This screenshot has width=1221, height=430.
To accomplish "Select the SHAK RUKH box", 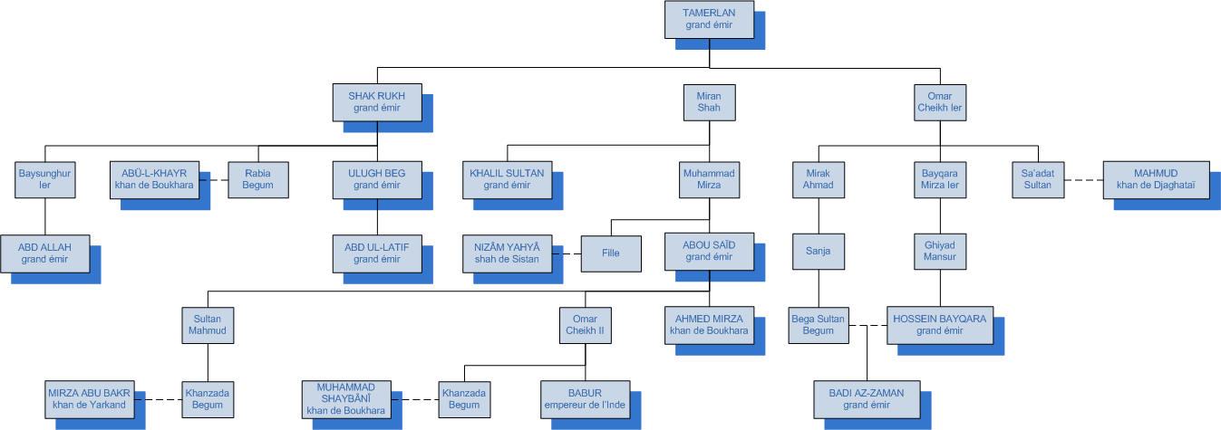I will [377, 102].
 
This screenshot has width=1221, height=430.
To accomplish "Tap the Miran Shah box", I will [709, 102].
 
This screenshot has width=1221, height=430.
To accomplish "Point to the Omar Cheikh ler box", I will [939, 102].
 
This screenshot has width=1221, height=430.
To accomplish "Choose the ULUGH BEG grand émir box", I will [377, 179].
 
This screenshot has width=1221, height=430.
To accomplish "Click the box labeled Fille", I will [611, 253].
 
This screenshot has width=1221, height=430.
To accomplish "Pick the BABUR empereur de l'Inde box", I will [585, 398].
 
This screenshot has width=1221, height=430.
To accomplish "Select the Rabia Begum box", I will [257, 179].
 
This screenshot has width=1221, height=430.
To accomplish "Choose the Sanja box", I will [819, 251].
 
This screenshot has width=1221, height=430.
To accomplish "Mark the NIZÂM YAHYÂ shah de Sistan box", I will [507, 253].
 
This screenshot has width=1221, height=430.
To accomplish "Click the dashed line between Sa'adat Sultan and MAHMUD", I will [1083, 179].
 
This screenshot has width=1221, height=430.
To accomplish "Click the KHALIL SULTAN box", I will [507, 179].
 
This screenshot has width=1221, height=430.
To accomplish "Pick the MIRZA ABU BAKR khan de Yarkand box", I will [88, 398].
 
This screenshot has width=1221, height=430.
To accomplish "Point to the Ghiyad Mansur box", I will [939, 251].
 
